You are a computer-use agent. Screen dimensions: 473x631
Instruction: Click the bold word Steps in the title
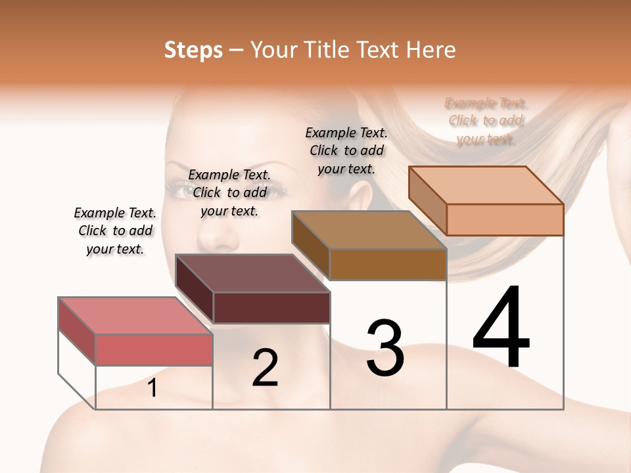tap(193, 50)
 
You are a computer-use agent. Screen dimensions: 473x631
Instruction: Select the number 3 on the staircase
tap(385, 348)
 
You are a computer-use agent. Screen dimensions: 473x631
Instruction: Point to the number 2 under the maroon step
tap(266, 368)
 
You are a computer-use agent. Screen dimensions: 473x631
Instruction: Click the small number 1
tap(152, 388)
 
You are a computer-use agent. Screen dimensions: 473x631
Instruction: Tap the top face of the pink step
tap(135, 315)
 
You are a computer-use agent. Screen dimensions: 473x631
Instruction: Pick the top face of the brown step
tap(369, 230)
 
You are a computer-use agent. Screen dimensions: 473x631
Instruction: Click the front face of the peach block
tap(505, 219)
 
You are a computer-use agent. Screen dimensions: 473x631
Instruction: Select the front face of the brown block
tap(388, 265)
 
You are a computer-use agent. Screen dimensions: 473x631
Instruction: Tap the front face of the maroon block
tap(271, 307)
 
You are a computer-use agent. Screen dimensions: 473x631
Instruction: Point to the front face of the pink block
tap(154, 349)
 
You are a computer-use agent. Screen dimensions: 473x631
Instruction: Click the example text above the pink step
tap(115, 231)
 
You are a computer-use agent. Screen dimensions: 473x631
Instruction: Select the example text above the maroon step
tap(229, 192)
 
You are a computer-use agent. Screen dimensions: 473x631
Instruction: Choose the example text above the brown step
tap(346, 150)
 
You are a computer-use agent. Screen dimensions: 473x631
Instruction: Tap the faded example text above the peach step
tap(486, 121)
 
